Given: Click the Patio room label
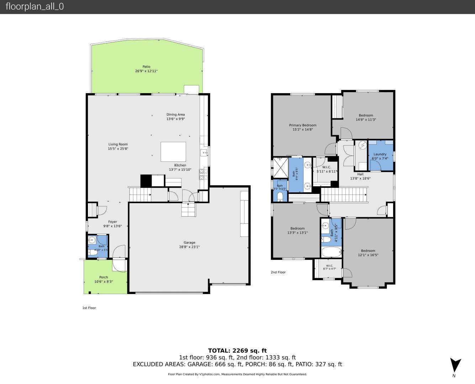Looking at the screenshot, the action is (x=146, y=66).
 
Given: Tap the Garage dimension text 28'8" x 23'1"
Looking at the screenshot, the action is (x=189, y=247).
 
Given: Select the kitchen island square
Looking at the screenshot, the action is (x=173, y=152).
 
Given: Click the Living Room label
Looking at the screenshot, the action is (x=118, y=144).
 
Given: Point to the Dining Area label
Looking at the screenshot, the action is (x=175, y=114).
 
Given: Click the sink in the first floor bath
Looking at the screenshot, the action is (x=92, y=240).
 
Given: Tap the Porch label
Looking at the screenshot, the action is (x=104, y=277).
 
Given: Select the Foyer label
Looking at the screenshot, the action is (x=113, y=222).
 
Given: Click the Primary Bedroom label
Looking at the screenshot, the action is (x=303, y=125).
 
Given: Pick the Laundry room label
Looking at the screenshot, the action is (x=380, y=154).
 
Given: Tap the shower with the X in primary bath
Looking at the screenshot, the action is (x=280, y=167).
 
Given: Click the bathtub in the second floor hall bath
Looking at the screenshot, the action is (x=332, y=252).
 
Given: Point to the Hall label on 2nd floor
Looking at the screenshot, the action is (x=360, y=174).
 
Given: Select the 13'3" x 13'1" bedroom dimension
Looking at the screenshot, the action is (x=297, y=233).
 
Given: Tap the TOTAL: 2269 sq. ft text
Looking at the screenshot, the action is (x=237, y=351).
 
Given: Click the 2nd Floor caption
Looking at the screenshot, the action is (x=278, y=272).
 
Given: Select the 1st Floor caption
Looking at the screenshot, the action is (x=89, y=308).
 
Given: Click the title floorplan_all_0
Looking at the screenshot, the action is (x=35, y=6).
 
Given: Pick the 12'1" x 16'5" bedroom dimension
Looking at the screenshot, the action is (x=368, y=255).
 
